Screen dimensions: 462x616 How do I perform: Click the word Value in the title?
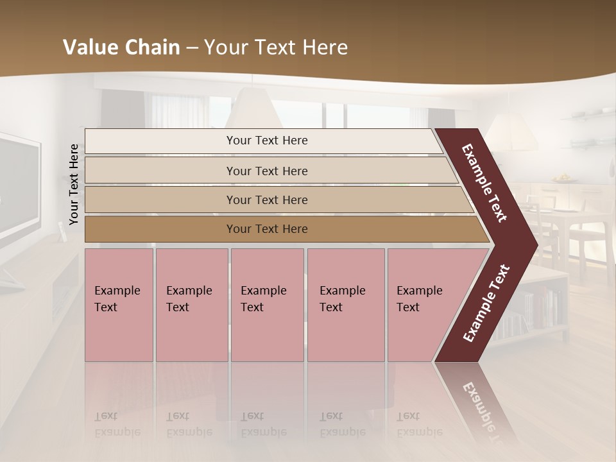(x=89, y=47)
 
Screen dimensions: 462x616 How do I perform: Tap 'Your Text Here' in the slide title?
(x=276, y=47)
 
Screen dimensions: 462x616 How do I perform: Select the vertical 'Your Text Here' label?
(x=74, y=185)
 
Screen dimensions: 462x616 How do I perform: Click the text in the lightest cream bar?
(x=267, y=141)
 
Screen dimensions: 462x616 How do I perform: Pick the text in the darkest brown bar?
(x=267, y=229)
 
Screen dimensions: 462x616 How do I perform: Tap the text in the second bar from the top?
(x=267, y=171)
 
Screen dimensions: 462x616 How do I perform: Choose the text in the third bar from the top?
(x=267, y=200)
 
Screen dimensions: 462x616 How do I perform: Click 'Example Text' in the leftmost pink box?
(x=117, y=299)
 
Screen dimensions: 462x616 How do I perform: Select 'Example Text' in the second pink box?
(x=189, y=299)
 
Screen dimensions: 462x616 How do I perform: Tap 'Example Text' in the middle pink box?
(x=263, y=299)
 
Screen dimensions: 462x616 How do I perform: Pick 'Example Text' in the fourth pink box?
(x=342, y=299)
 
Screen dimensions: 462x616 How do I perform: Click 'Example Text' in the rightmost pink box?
(x=419, y=299)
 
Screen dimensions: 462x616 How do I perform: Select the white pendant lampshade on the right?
(x=511, y=132)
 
